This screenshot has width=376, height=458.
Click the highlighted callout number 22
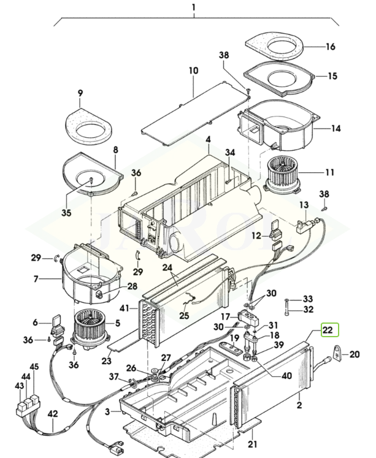pos(328,330)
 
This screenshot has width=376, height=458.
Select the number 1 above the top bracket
pos(194,7)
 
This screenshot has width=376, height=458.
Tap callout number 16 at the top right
pos(330,47)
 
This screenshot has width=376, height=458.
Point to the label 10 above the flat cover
pos(193,71)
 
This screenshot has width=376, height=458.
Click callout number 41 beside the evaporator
pos(125,308)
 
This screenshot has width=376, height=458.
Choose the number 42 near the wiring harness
pos(53,414)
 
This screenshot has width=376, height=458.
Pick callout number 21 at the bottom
pos(253,445)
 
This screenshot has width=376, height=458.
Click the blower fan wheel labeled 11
pos(280,174)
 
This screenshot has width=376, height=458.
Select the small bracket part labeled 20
pos(338,354)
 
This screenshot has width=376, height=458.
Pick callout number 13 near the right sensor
pos(304,205)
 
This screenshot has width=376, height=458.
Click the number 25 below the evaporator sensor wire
pos(185,316)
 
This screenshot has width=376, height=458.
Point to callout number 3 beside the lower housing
pos(107,412)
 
